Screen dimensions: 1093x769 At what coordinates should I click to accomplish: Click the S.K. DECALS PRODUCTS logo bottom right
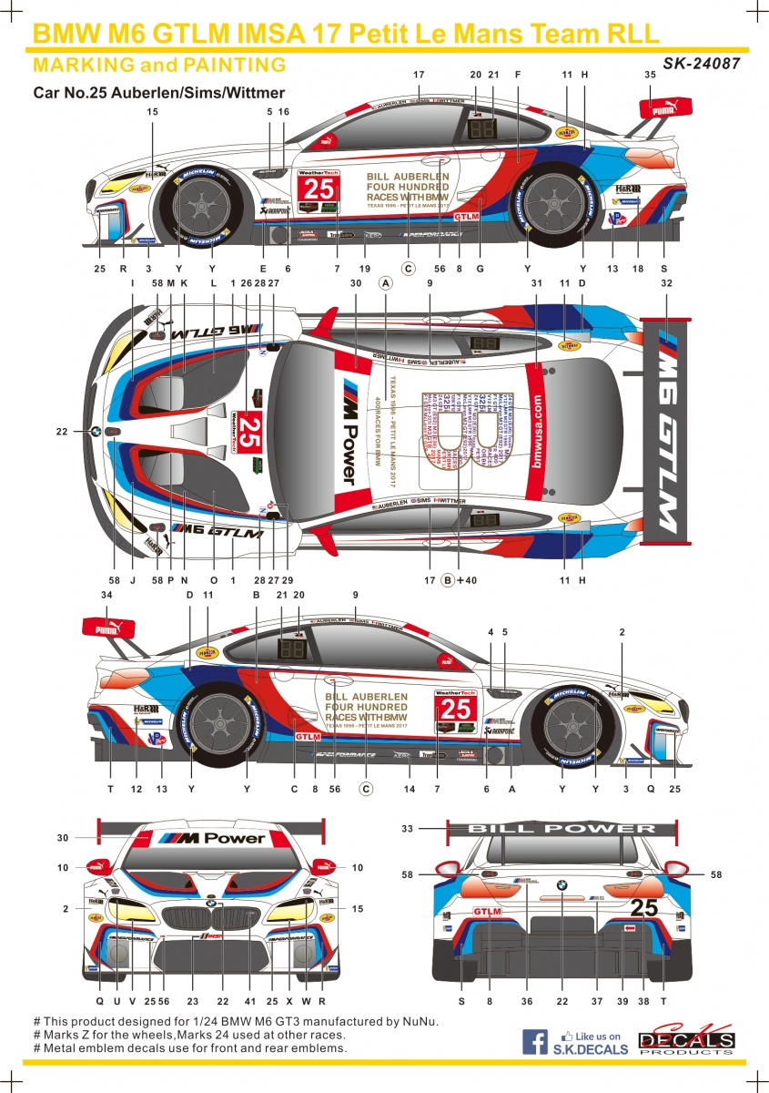pyautogui.click(x=685, y=1041)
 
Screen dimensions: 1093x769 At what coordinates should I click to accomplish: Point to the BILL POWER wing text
pyautogui.click(x=561, y=829)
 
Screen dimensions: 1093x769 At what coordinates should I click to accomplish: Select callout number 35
pyautogui.click(x=650, y=76)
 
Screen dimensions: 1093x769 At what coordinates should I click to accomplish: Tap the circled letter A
pyautogui.click(x=386, y=283)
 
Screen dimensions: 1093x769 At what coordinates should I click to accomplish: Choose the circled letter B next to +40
pyautogui.click(x=448, y=580)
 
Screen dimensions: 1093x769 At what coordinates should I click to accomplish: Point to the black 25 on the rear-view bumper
pyautogui.click(x=643, y=907)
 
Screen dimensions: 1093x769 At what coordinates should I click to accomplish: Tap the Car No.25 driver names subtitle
pyautogui.click(x=159, y=92)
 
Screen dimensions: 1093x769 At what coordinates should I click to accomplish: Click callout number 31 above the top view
pyautogui.click(x=536, y=283)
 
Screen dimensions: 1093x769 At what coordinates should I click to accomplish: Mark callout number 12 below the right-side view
pyautogui.click(x=137, y=789)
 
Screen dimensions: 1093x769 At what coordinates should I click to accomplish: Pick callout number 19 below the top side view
pyautogui.click(x=364, y=269)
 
